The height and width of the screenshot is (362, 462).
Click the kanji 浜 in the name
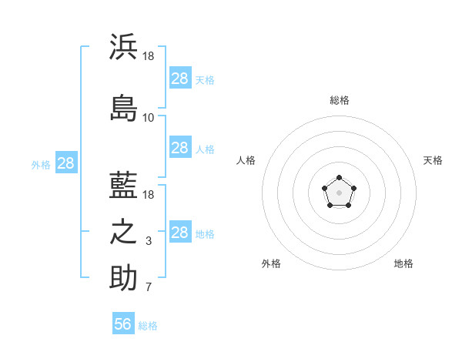[123, 46]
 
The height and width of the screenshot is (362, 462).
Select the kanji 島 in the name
[123, 108]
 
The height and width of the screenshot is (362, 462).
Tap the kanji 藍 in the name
[123, 185]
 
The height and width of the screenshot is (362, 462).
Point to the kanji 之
[123, 232]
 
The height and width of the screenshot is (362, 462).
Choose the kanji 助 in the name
[123, 277]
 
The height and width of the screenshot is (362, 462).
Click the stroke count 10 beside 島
[148, 118]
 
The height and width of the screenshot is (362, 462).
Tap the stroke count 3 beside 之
[149, 241]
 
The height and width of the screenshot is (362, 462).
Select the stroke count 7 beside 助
[149, 287]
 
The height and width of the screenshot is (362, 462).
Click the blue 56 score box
[123, 323]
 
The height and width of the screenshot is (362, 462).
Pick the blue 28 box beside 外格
[66, 163]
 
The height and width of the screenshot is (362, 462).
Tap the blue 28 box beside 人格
[180, 147]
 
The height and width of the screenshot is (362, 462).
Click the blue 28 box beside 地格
[180, 231]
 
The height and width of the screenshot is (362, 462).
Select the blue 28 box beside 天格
[180, 78]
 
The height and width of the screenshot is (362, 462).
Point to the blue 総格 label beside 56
[148, 326]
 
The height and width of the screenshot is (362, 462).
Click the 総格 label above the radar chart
[340, 100]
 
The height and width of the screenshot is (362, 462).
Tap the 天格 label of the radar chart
[433, 160]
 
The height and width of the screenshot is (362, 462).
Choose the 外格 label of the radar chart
[271, 263]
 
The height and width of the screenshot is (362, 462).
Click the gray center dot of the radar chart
[339, 193]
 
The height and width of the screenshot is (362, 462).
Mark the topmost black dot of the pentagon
[339, 177]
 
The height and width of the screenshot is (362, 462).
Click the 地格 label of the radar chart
[403, 263]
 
